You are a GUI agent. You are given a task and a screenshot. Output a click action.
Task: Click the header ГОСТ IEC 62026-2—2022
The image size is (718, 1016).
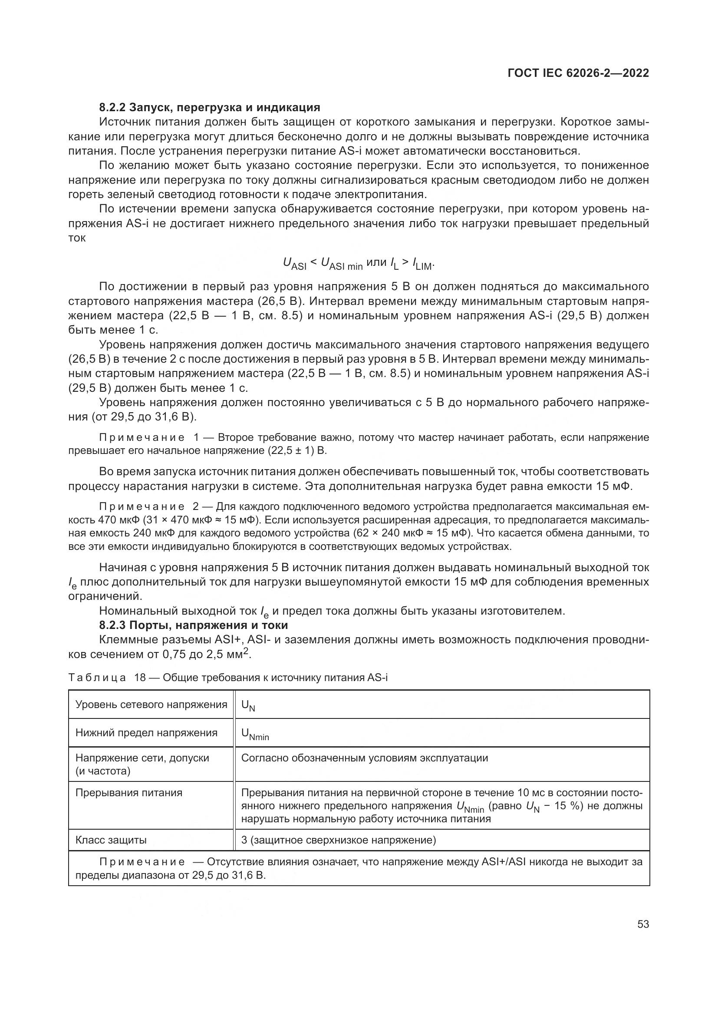point(578,73)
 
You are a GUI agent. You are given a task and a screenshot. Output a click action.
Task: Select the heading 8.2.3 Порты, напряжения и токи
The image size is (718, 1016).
point(193,625)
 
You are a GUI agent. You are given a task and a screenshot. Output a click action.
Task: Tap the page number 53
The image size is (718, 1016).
point(643,924)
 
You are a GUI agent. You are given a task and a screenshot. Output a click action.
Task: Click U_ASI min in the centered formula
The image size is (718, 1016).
point(341,264)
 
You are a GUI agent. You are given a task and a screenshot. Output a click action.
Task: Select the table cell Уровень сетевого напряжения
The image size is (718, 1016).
point(151,705)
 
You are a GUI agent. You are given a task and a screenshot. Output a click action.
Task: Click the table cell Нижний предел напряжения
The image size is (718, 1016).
point(146,733)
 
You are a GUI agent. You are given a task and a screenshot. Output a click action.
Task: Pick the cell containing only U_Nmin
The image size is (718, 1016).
point(255,734)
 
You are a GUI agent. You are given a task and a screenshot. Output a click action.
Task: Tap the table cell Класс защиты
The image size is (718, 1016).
point(111,840)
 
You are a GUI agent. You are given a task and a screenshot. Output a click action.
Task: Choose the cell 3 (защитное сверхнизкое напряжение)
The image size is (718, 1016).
point(339,840)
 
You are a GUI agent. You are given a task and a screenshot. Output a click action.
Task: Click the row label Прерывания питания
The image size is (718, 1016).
point(128,793)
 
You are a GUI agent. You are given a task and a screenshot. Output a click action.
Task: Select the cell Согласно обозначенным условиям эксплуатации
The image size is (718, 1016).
point(364,758)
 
